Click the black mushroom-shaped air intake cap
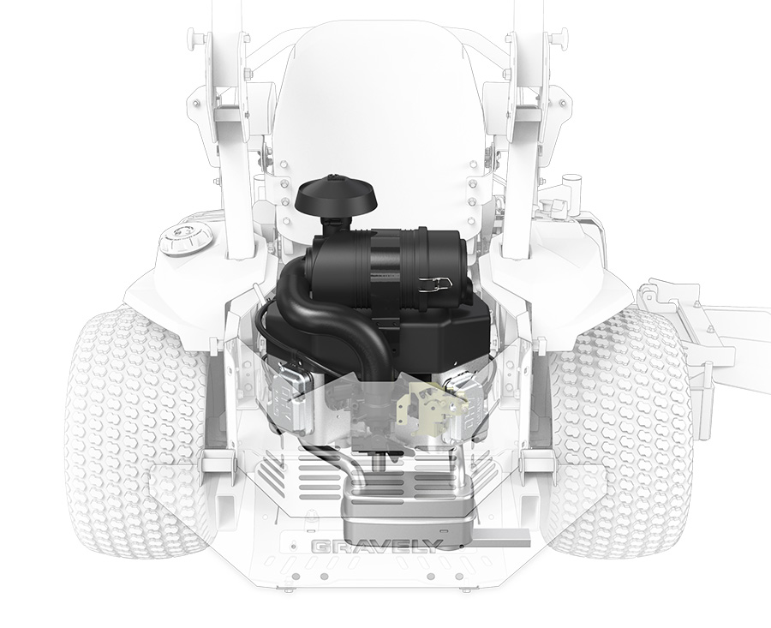click(339, 195)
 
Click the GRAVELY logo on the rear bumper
click(377, 547)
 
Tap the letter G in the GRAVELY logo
click(320, 547)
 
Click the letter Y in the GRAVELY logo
click(433, 547)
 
